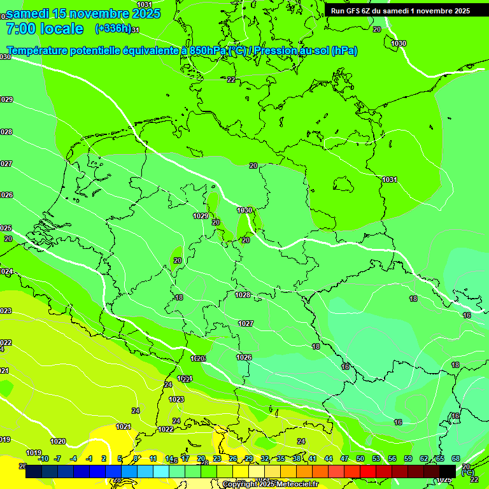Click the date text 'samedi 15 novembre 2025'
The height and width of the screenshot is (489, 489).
[x=83, y=13]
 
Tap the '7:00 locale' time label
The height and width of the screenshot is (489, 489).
[x=45, y=29]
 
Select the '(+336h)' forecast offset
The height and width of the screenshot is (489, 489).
[x=113, y=28]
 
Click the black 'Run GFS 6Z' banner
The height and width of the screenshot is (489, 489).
[x=400, y=10]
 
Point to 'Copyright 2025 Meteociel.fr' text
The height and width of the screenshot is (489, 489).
[x=270, y=485]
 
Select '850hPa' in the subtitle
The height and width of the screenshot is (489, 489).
[x=208, y=51]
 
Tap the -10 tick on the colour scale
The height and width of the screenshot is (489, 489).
[x=43, y=458]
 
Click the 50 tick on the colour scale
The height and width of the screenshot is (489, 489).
[x=360, y=458]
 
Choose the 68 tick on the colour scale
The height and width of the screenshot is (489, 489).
[x=456, y=458]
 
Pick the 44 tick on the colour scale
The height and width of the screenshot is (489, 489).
[x=329, y=458]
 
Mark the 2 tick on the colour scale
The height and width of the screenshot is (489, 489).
[x=104, y=458]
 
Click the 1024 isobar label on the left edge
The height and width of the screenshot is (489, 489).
[x=6, y=271]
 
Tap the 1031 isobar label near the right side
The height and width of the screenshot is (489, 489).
[x=390, y=180]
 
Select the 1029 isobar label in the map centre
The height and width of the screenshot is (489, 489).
[x=201, y=216]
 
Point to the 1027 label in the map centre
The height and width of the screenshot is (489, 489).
[x=246, y=323]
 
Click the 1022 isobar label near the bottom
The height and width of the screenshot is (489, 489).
[x=166, y=429]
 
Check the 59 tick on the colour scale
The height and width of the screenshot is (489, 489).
[x=408, y=458]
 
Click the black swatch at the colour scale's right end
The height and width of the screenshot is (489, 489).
[x=448, y=471]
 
